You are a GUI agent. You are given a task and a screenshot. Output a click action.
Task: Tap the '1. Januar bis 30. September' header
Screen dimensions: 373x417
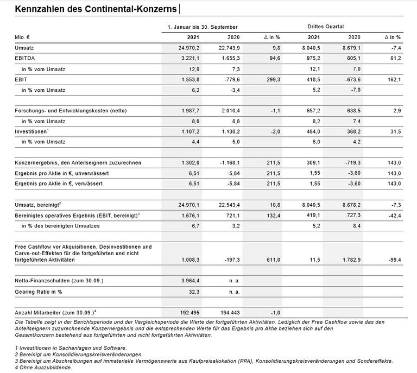point(203,26)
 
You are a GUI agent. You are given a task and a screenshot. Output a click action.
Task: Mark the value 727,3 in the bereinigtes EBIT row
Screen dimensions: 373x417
point(350,215)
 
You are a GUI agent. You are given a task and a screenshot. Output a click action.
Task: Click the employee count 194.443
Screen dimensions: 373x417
point(230,312)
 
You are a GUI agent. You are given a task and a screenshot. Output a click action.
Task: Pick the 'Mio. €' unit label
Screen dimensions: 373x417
point(23,37)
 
